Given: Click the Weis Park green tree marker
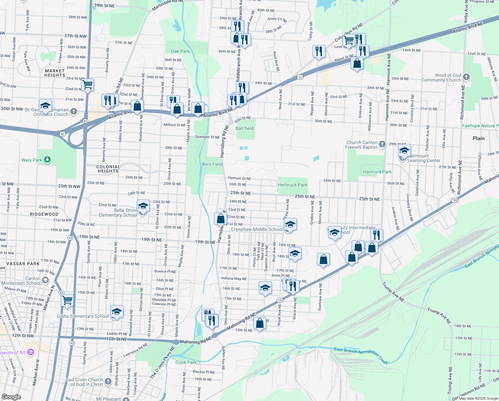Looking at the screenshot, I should point(47,160).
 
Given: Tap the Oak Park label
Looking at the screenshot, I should point(180,51).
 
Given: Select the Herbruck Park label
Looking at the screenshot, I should point(293,185).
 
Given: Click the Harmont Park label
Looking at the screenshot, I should point(377,172).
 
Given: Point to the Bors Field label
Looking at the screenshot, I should point(212,164).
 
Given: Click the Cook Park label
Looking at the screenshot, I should point(186,362).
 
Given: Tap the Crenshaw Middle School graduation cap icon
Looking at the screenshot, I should point(290,224).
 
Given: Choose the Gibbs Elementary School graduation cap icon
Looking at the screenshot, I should point(117,312).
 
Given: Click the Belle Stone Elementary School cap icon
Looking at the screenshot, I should point(143,206).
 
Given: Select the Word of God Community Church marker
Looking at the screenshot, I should point(466,77).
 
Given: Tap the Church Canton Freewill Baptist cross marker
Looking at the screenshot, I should point(382,144).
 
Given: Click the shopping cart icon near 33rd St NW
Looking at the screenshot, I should point(87,85).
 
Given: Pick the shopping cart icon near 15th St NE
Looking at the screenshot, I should point(67,300).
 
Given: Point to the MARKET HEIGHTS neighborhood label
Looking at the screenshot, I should point(55,73).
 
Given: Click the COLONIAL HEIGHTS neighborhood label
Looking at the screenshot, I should point(108,169).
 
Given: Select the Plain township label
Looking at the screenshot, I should point(478,138).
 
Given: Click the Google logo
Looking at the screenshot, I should point(11,397).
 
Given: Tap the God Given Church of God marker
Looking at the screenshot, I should point(108,381).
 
